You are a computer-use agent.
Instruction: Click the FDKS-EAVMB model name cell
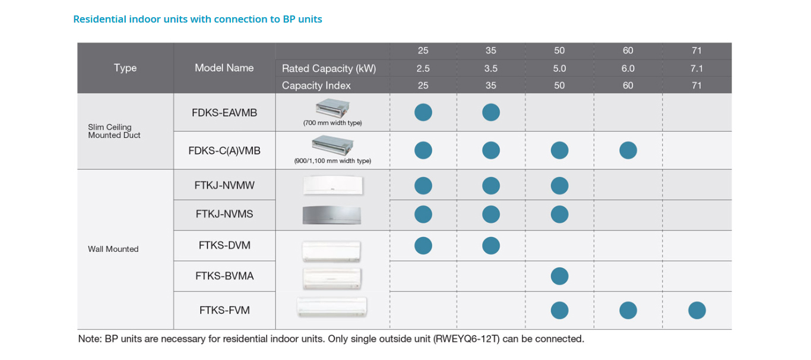click(224, 112)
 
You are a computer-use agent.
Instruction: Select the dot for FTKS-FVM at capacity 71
click(696, 310)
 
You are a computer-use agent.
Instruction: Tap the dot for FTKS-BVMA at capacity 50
click(559, 276)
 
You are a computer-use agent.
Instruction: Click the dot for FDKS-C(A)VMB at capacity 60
click(628, 150)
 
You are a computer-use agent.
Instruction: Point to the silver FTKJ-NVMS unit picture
click(332, 214)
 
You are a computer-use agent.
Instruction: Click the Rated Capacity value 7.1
click(696, 68)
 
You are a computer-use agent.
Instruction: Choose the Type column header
click(125, 68)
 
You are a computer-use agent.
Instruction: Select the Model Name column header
click(224, 68)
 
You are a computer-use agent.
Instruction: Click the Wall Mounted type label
click(113, 249)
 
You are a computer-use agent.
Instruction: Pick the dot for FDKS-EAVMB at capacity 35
click(490, 112)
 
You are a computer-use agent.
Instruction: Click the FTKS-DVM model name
click(224, 245)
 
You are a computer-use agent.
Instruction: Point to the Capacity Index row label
click(316, 86)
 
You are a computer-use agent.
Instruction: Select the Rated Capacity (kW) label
click(329, 68)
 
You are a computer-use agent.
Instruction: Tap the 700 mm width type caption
click(332, 123)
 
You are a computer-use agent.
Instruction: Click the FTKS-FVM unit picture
click(332, 307)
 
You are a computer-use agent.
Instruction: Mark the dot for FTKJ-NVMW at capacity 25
click(423, 186)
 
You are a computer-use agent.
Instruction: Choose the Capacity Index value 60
click(628, 86)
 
